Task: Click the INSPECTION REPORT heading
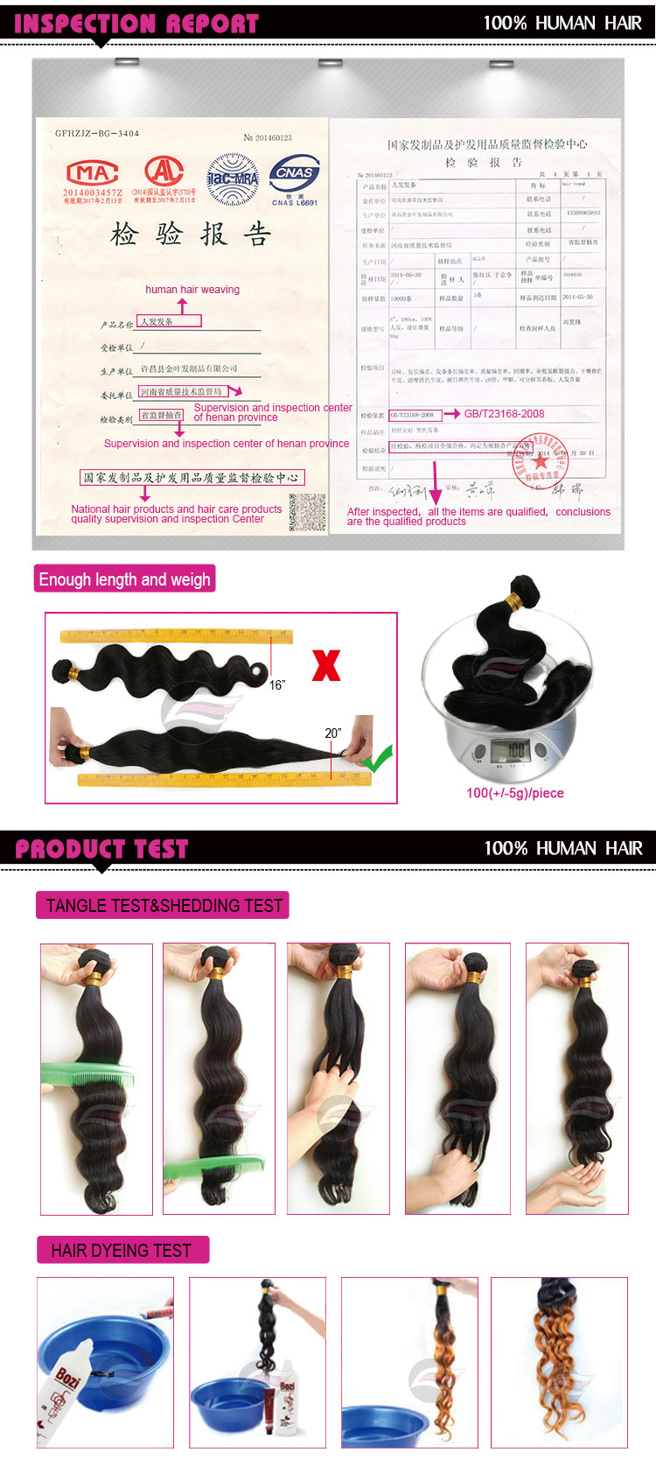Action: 136,24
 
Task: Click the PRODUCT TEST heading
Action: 101,848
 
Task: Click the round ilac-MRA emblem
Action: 232,179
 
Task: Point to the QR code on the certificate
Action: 307,512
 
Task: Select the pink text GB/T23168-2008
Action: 504,414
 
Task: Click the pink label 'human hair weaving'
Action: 192,290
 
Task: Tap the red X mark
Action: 325,665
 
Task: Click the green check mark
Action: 377,759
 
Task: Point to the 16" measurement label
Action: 277,684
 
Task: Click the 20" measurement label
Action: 333,733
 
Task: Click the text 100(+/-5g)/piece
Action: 515,793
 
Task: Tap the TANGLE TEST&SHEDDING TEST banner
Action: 164,906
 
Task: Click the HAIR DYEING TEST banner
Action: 122,1250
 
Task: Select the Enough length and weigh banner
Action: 124,579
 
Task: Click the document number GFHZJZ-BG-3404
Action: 97,134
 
